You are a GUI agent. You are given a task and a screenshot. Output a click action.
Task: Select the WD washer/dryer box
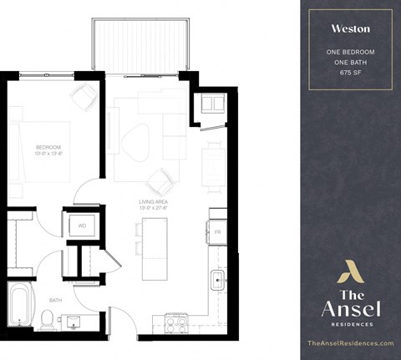coord(83,226)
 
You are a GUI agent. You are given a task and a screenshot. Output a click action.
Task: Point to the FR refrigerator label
coord(216,231)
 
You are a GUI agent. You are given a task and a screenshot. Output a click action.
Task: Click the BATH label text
coord(55,299)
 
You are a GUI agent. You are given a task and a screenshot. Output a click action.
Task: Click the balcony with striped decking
coord(142,43)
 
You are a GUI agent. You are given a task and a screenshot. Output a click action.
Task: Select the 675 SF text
coord(351,74)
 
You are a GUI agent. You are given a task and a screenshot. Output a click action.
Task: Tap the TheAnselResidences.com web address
coord(350,343)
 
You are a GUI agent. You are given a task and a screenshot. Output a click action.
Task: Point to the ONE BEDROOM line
coord(351,53)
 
